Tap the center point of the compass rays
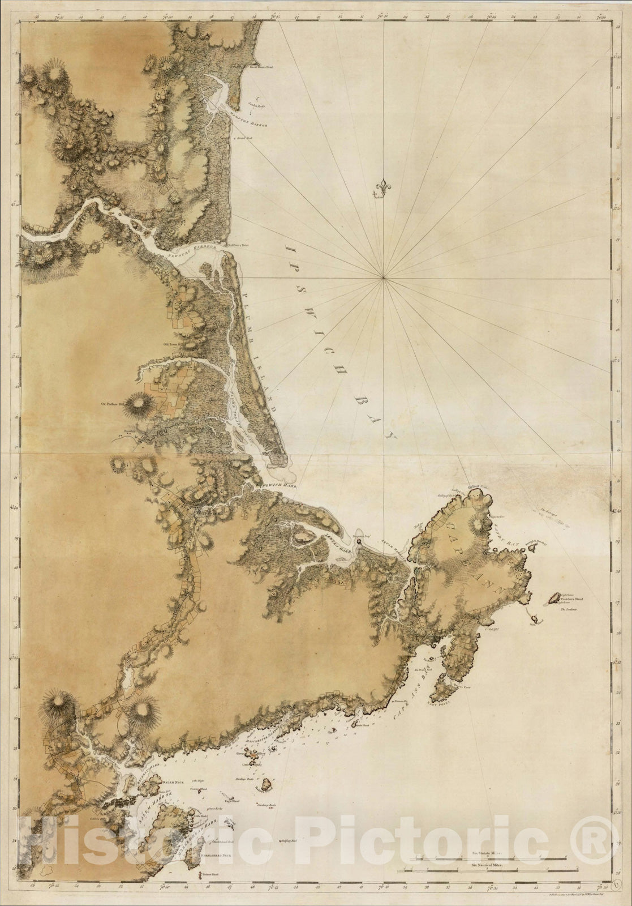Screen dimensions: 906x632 (384, 277)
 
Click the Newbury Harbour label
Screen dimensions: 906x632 (190, 251)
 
